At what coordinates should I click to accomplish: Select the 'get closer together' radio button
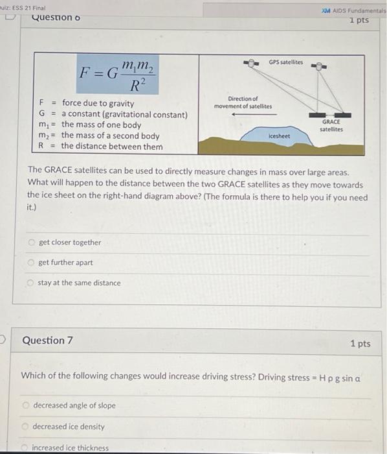(x=30, y=243)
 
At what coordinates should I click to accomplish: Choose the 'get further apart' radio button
(x=30, y=263)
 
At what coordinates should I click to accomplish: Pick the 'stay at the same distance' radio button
(x=30, y=283)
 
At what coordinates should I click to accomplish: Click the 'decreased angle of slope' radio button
(x=26, y=405)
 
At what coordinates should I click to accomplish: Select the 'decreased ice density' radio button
(x=26, y=427)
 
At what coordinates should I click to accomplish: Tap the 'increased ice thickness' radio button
(x=26, y=448)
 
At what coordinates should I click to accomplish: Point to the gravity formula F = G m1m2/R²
(x=117, y=73)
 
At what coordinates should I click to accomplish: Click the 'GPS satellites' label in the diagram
(x=285, y=62)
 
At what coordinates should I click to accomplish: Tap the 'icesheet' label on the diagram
(x=280, y=136)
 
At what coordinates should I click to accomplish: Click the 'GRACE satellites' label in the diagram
(x=331, y=125)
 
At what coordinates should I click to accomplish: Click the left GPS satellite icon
(x=250, y=63)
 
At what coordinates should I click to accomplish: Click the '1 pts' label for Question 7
(x=360, y=343)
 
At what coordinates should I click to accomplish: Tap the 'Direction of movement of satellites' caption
(x=243, y=102)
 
